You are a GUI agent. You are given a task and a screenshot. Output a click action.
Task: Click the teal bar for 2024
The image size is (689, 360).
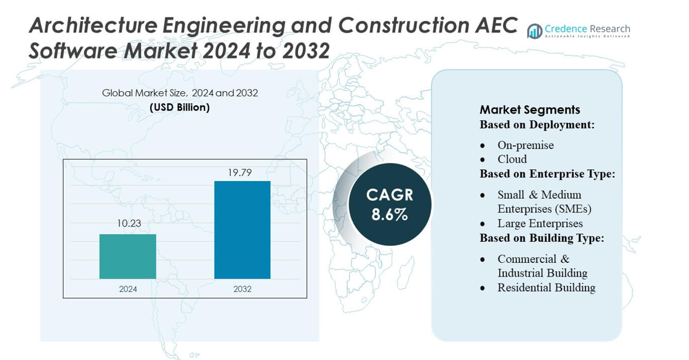coord(128,256)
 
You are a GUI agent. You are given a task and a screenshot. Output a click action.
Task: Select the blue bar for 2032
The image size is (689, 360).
coord(242,230)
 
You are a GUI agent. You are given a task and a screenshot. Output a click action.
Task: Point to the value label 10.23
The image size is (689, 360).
coord(129,224)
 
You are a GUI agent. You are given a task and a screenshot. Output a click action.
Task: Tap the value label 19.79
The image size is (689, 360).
coord(242,172)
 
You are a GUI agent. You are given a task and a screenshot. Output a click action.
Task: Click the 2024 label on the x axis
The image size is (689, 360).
coord(128,289)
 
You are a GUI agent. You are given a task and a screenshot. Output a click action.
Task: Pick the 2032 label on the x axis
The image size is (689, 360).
coord(242,289)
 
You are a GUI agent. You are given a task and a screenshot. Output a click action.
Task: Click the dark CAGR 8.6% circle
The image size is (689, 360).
coord(389,205)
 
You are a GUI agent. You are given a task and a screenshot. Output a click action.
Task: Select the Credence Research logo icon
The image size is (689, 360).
coord(534,31)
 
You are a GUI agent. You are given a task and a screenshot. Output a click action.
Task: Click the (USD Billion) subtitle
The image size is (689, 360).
coord(179,108)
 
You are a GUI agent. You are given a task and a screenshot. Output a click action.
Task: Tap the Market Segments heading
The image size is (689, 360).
coord(530,110)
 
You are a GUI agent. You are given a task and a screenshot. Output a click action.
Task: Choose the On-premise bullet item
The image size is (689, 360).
coord(525,145)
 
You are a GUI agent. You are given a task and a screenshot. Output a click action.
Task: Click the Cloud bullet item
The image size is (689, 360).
coord(511,159)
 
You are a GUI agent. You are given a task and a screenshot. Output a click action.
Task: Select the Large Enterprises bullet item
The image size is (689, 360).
coord(540,224)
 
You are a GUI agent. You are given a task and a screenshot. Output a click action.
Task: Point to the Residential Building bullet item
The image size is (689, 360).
coord(546,288)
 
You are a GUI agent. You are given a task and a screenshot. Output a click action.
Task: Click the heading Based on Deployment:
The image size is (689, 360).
coord(537,125)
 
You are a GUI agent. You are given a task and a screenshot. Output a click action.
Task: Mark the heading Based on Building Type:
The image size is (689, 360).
coord(541,238)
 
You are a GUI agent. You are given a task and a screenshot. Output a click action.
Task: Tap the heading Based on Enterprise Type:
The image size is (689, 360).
coord(547,174)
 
